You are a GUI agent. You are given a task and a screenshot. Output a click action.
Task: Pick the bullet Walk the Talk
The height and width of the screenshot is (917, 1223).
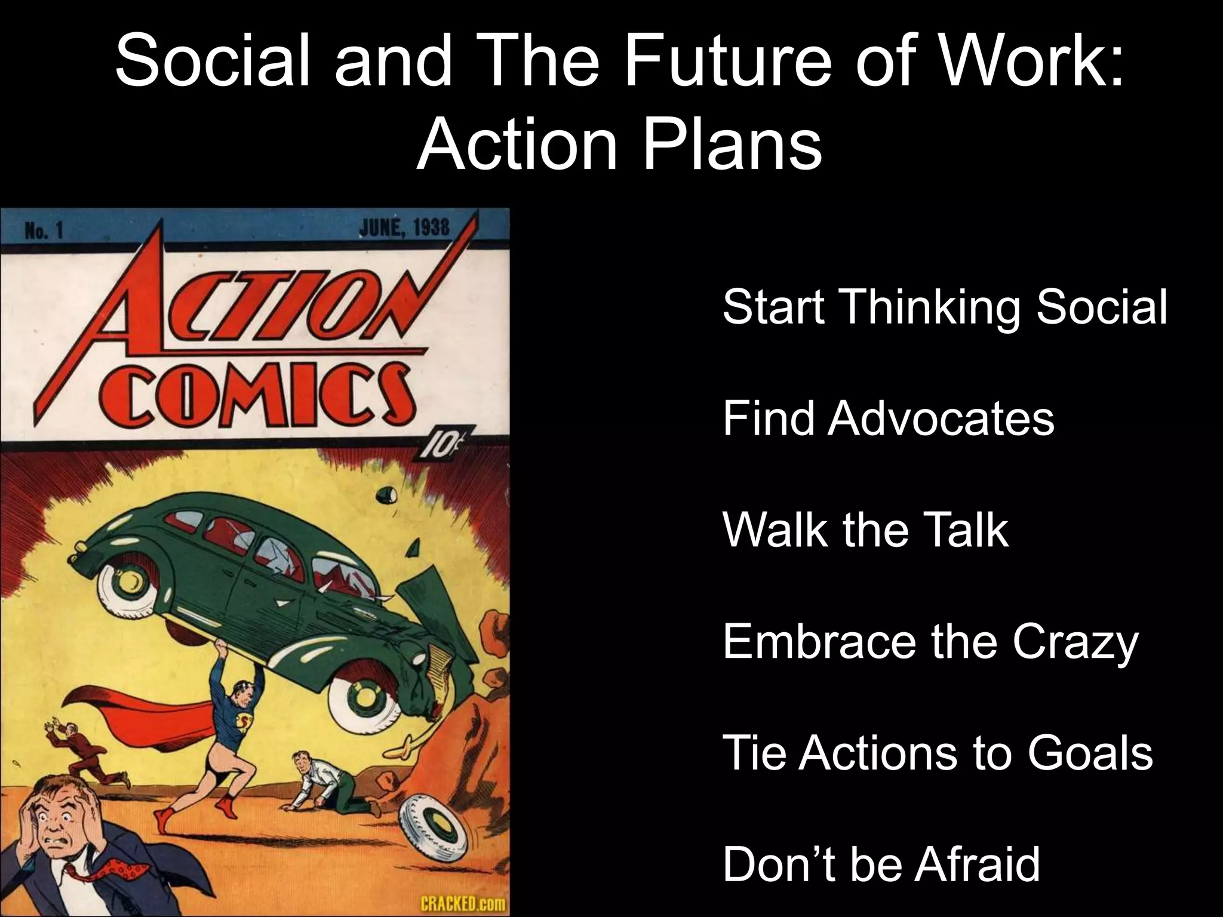coord(865,530)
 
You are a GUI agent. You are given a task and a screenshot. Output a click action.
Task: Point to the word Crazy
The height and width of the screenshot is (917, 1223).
coord(1075,643)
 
